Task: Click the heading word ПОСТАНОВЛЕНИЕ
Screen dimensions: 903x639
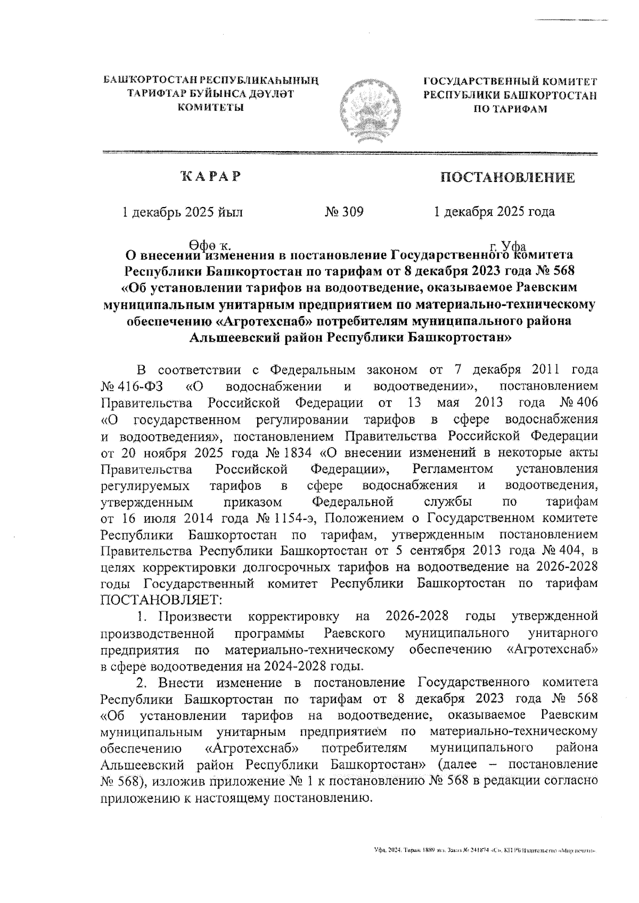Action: click(506, 177)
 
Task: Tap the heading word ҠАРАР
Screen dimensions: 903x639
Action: click(210, 176)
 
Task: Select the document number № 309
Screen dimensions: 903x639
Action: click(344, 212)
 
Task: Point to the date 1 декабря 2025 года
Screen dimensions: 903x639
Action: click(494, 212)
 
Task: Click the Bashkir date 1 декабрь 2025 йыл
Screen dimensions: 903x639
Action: click(183, 212)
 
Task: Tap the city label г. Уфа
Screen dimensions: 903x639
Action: click(508, 246)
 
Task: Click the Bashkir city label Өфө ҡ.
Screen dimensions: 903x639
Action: click(210, 246)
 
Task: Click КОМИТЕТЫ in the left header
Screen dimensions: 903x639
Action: click(210, 107)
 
